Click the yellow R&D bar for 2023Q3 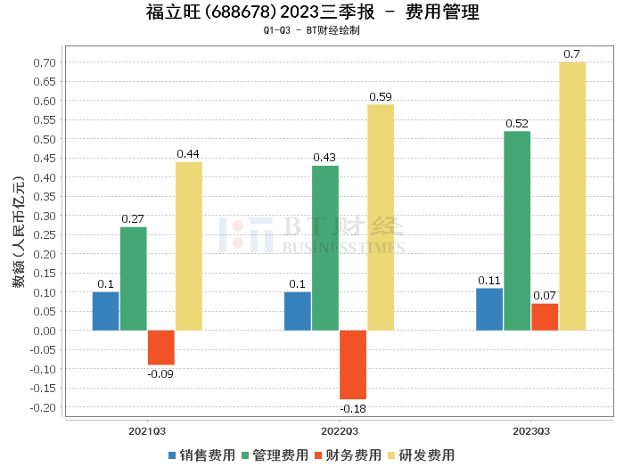(x=572, y=196)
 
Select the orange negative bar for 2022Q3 (x=353, y=365)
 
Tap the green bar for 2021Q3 (x=134, y=279)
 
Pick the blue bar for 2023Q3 (x=489, y=309)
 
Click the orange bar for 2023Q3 (x=545, y=317)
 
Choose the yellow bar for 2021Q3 (x=188, y=246)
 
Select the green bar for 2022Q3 (x=325, y=248)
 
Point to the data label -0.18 (x=353, y=409)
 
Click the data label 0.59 (x=381, y=96)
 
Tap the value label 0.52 (x=517, y=123)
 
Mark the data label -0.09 (x=161, y=374)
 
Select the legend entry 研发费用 (x=422, y=455)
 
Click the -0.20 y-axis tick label (x=42, y=407)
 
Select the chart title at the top (x=312, y=12)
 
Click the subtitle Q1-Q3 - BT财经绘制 (x=312, y=30)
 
